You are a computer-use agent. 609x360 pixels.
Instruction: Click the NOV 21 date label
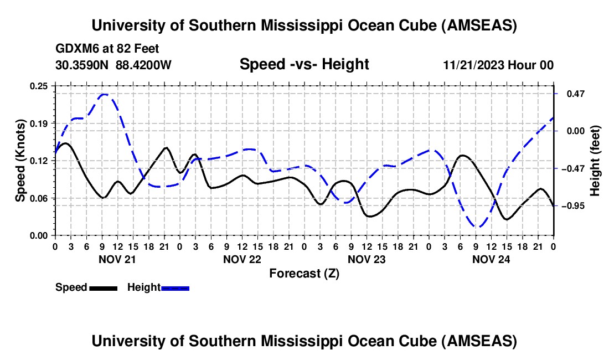[x=117, y=259]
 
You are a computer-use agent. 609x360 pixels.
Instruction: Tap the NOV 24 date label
[x=492, y=259]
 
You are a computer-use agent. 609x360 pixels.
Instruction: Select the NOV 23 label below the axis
[x=367, y=259]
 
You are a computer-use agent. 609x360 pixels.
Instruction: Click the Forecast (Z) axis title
[x=304, y=273]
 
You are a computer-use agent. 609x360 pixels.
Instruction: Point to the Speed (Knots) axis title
[x=20, y=161]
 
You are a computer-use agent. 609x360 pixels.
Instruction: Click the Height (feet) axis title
[x=595, y=161]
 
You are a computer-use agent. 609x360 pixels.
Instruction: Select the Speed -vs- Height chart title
[x=304, y=64]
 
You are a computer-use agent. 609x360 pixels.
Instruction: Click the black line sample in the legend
[x=102, y=287]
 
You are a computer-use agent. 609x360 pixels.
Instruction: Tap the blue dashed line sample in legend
[x=175, y=287]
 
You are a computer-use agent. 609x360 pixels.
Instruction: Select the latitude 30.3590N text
[x=82, y=65]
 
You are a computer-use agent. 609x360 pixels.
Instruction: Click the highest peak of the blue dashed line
[x=104, y=95]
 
